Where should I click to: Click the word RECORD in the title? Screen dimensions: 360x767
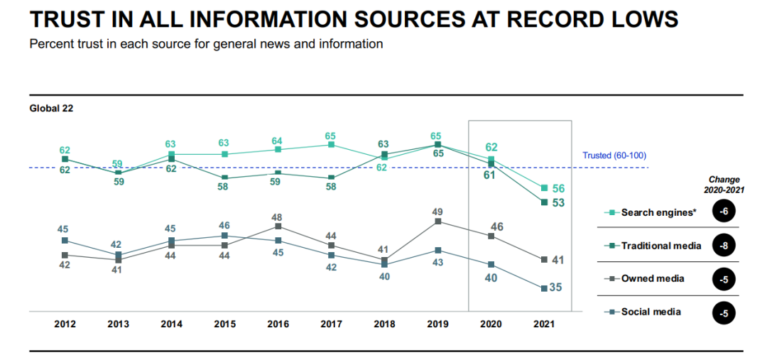click(545, 18)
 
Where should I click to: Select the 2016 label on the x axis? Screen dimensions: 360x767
click(278, 324)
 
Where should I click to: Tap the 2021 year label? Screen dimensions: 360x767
click(544, 324)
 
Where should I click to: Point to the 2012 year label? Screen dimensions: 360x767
click(65, 324)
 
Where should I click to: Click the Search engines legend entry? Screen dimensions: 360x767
click(656, 212)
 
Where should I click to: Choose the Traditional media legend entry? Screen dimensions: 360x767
click(660, 246)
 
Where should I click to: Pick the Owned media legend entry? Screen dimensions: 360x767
click(652, 278)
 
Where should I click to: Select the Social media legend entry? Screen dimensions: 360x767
click(651, 312)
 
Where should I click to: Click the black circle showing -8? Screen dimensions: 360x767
click(724, 246)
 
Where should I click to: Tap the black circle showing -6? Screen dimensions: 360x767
click(724, 212)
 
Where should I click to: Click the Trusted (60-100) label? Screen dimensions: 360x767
click(614, 156)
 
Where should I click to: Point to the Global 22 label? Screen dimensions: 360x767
click(51, 109)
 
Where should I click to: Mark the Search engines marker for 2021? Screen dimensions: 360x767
click(544, 188)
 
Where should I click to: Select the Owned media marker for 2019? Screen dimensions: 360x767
click(437, 222)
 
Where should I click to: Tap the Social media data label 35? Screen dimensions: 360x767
click(557, 288)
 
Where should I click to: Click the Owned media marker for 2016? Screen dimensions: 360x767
click(278, 227)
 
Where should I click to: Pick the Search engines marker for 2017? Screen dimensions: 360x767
click(331, 145)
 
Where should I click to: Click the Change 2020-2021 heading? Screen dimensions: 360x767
click(724, 185)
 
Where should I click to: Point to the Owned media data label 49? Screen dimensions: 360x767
click(437, 211)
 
